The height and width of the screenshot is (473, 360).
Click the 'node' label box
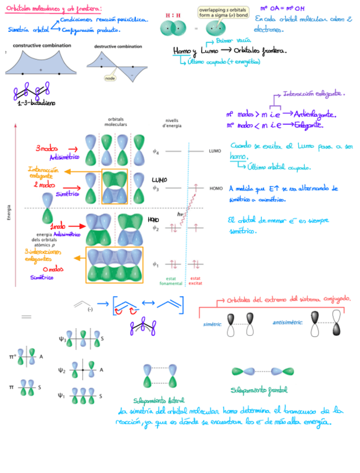tap(110, 79)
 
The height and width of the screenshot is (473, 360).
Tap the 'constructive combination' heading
tap(42, 45)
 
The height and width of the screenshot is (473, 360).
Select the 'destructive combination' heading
tap(118, 47)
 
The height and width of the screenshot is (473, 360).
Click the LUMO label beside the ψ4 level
tap(215, 151)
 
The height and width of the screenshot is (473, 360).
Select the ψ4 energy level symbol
tap(156, 151)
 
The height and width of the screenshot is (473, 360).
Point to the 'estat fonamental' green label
tap(171, 281)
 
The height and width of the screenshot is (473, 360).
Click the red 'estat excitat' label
tap(196, 281)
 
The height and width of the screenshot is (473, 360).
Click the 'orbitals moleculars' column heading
tap(115, 122)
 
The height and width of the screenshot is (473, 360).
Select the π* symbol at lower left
tap(12, 355)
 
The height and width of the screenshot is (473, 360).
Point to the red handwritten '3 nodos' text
tap(47, 148)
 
